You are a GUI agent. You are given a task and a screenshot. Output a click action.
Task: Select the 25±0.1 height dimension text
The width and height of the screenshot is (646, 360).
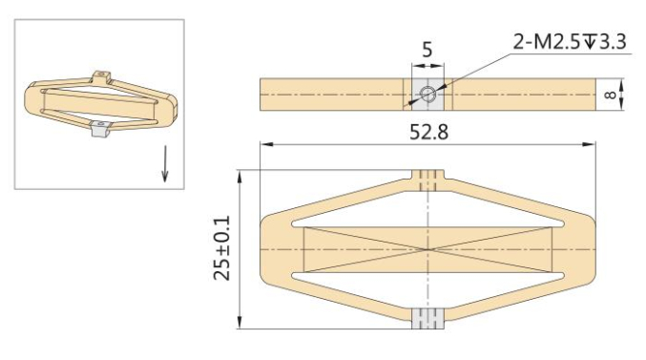point(221,249)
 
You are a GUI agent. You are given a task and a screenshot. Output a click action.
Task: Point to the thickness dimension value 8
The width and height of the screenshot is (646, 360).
point(612,95)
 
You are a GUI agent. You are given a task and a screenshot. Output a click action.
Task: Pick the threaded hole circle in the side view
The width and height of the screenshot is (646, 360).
point(428,93)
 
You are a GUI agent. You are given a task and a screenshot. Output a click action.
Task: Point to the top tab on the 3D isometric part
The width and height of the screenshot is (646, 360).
point(103,74)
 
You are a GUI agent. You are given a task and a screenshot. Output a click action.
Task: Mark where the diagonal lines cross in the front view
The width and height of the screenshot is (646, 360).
point(428,249)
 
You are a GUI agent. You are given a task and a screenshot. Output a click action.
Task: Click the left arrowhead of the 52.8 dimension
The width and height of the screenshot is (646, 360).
point(265,145)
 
